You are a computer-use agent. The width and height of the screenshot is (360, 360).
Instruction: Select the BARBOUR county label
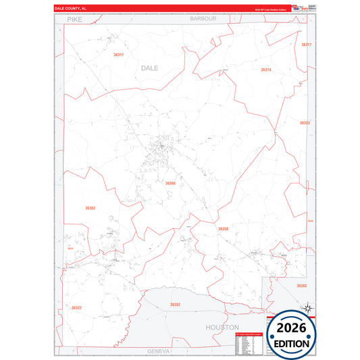point(203,19)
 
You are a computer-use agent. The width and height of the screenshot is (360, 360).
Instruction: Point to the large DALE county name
point(150,68)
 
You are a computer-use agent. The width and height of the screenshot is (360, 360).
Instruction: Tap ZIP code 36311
point(119,54)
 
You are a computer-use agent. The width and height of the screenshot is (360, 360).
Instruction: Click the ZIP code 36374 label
point(265,70)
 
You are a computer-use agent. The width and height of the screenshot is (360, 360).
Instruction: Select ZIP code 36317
point(306,45)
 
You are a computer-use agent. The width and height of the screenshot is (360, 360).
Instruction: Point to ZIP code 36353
point(305,123)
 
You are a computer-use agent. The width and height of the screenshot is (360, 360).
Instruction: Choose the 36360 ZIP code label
point(170,183)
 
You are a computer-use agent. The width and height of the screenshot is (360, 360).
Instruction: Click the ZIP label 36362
point(91,208)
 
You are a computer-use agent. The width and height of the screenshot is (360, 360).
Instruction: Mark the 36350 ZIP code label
point(223,229)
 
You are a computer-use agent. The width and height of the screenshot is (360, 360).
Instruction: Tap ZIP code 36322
point(76,308)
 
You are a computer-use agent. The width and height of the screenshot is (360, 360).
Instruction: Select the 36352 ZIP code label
point(175,305)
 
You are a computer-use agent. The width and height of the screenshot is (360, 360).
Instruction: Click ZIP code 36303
point(301,286)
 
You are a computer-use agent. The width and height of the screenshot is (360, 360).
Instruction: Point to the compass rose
point(307,309)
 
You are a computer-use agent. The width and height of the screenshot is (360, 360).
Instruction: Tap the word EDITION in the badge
point(292,344)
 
